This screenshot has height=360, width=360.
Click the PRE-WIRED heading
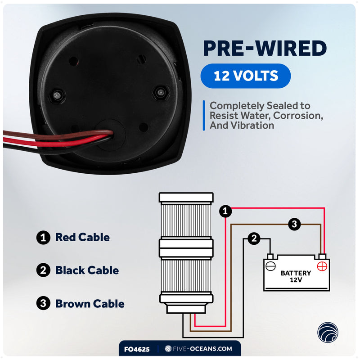point(265,48)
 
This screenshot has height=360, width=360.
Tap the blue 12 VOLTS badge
point(245,76)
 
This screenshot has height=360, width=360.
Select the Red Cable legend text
point(82,237)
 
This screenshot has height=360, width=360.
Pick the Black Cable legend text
point(87,270)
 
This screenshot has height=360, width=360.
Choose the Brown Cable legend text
point(90,303)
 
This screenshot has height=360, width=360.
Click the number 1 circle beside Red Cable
point(43,238)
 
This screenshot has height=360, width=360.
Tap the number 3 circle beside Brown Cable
point(43,303)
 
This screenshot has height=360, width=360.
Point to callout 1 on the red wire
point(225,211)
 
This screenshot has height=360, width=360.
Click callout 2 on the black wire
point(254,238)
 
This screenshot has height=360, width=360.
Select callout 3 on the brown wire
point(294,224)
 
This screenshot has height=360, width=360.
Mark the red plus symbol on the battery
point(322,266)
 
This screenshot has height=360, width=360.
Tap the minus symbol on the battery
point(270,266)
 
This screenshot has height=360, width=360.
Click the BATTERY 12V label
point(296,276)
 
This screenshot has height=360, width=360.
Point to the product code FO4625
point(137,350)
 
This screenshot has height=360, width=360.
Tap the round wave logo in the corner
point(328,332)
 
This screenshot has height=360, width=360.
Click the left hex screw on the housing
point(57,95)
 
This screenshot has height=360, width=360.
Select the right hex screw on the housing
point(161,93)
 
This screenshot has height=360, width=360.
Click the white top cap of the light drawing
point(186,198)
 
